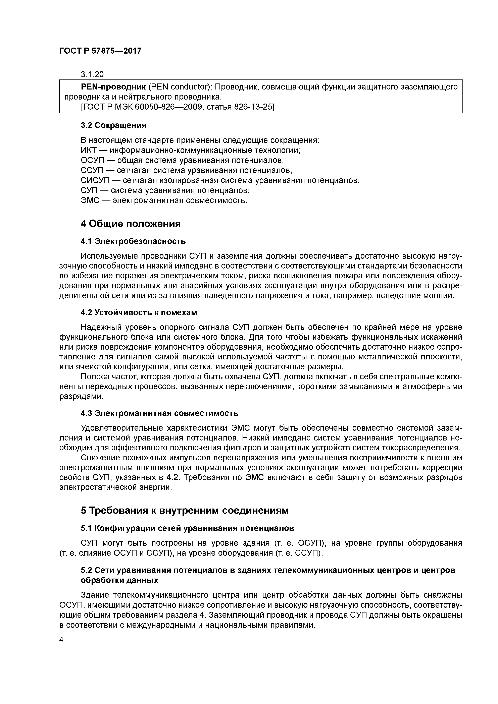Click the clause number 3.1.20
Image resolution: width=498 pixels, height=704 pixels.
(92, 74)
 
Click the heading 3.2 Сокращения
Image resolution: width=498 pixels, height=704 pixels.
(113, 125)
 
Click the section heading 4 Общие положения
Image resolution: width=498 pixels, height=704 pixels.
(131, 224)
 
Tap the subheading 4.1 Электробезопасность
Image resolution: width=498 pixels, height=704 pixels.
(133, 241)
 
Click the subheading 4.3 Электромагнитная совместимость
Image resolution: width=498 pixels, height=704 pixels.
(159, 413)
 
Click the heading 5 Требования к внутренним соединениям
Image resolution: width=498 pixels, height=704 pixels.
(185, 511)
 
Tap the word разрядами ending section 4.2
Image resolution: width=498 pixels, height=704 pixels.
(80, 397)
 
